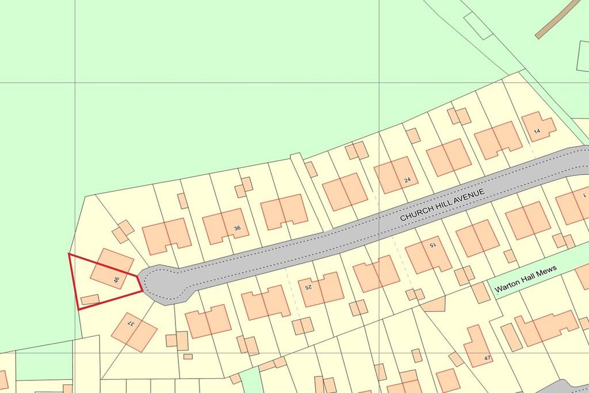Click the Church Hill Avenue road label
pos(443,204)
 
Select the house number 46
pos(117,281)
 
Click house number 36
pos(237,228)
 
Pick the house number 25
pos(308,286)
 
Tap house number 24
pos(407,180)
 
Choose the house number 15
pos(433,245)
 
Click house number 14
pos(537,132)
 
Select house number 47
pos(487,358)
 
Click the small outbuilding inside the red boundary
pos(90,299)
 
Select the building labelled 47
pos(477,347)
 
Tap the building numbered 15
pos(428,255)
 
